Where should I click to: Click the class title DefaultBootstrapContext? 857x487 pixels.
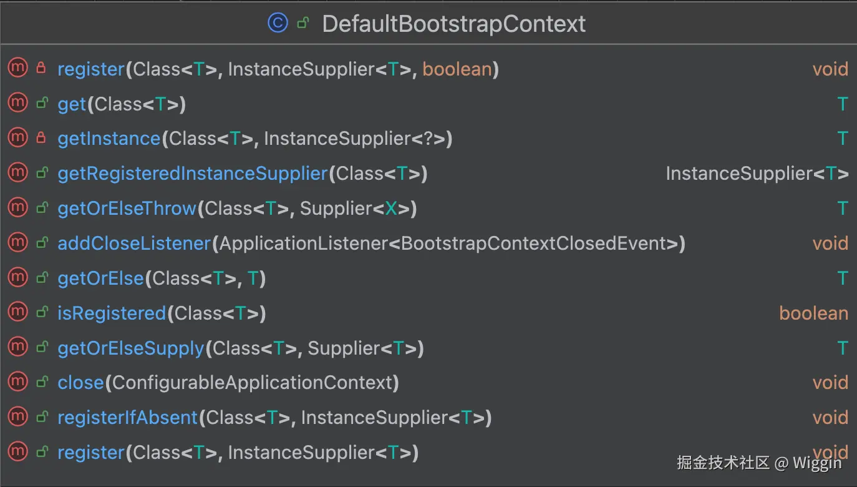click(x=453, y=24)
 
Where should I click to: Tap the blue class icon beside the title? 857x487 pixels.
click(x=278, y=23)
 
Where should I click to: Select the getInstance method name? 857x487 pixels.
click(x=109, y=139)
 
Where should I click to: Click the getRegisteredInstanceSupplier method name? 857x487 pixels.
click(x=192, y=174)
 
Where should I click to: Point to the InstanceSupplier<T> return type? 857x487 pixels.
click(x=757, y=174)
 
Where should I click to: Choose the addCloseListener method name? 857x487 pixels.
click(x=134, y=243)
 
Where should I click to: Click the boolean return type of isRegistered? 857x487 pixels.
click(x=813, y=313)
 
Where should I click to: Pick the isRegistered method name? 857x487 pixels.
click(x=112, y=313)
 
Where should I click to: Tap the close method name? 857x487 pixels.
click(x=80, y=383)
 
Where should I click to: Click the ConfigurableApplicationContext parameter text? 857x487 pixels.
click(x=252, y=383)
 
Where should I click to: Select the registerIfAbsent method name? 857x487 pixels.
click(x=127, y=418)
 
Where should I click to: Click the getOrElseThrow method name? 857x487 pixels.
click(x=127, y=209)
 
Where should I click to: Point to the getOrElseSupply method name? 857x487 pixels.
click(x=130, y=348)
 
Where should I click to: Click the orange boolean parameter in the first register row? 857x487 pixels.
click(x=457, y=69)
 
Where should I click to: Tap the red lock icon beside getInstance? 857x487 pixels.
click(x=42, y=138)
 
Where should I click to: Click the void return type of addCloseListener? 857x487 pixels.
click(x=830, y=243)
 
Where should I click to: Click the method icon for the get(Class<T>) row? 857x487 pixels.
click(x=17, y=104)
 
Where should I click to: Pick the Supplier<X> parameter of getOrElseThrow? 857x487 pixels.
click(x=357, y=209)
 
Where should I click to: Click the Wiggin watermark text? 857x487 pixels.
click(x=817, y=463)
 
